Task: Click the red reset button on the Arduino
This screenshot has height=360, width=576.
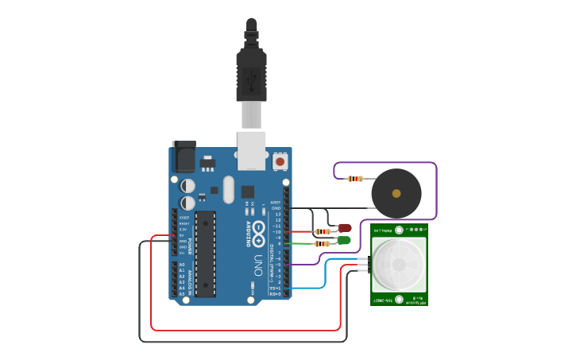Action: [x=280, y=161]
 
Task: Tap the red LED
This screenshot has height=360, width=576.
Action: [x=345, y=228]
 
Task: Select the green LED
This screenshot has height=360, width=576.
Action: [x=344, y=240]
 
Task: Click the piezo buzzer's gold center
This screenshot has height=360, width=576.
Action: [x=396, y=193]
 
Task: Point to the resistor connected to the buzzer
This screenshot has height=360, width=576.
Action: [x=355, y=179]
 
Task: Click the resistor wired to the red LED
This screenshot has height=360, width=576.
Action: [x=323, y=232]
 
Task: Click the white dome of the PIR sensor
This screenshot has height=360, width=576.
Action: [x=399, y=265]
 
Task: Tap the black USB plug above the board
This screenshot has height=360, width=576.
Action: [x=251, y=75]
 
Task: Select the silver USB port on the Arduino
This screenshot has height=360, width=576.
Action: [x=251, y=151]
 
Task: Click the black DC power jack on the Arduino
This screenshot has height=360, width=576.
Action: [x=184, y=157]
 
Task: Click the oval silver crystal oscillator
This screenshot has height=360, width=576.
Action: [x=229, y=190]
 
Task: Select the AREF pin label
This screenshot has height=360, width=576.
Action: [x=276, y=203]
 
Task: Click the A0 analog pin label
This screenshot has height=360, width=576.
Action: [x=181, y=265]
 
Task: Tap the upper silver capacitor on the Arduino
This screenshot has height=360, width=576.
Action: [x=187, y=185]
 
